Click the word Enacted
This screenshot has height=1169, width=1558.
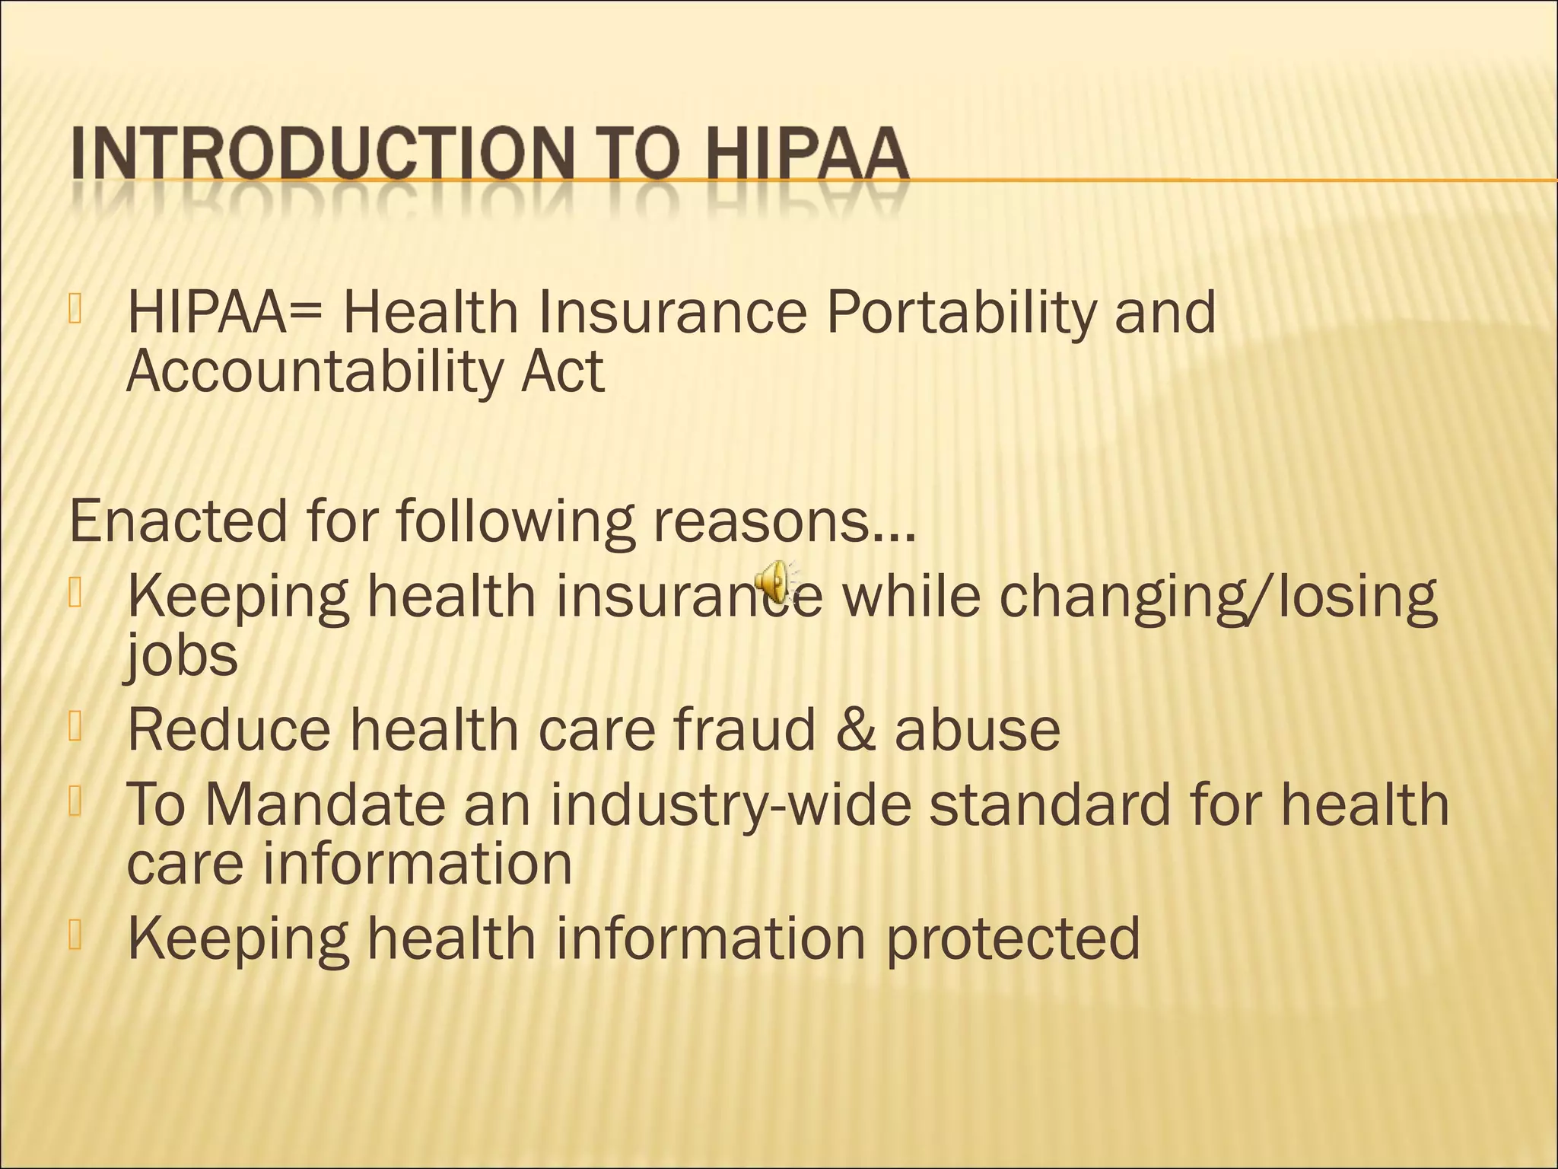(178, 521)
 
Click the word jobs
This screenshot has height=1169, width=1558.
(181, 655)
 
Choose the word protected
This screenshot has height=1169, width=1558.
(1013, 938)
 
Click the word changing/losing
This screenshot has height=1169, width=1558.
(1217, 597)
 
